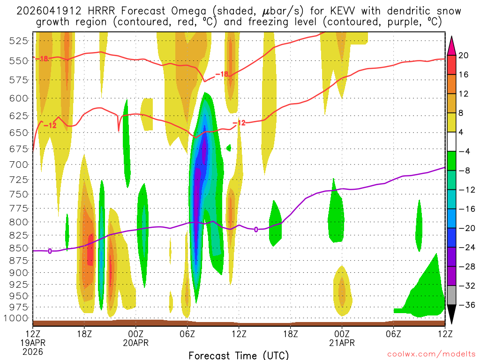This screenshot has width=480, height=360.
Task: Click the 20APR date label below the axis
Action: (136, 343)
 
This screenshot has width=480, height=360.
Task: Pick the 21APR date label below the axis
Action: (342, 343)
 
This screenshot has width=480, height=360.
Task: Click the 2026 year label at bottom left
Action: (33, 351)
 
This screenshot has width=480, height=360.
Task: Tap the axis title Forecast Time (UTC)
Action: (239, 355)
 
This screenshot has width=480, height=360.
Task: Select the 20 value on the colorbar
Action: (464, 55)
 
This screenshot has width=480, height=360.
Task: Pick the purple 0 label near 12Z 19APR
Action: (50, 251)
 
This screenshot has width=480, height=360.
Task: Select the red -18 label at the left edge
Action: (43, 59)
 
